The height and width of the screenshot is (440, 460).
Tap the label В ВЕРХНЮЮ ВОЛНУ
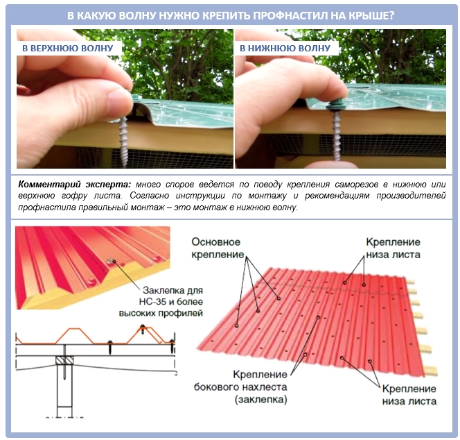pos(68,48)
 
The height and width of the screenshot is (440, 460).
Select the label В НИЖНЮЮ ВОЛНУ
pos(285,48)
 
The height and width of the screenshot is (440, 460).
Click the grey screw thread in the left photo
pos(124,140)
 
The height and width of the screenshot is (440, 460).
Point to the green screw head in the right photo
pos(335,102)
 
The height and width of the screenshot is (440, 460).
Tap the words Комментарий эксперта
pos(75,185)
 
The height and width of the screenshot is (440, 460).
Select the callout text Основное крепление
pos(218,248)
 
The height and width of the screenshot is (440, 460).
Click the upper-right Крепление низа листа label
pos(393,248)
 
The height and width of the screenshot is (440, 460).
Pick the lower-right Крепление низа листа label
pos(409,395)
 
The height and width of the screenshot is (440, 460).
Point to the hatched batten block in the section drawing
pos(64,360)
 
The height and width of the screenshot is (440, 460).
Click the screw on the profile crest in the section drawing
pos(143,329)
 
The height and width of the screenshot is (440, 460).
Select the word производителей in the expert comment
pos(411,196)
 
